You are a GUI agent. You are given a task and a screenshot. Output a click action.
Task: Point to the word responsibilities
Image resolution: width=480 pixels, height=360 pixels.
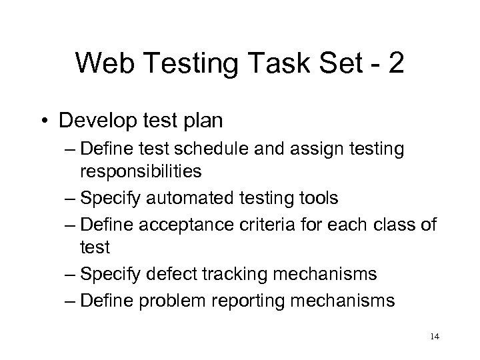click(141, 173)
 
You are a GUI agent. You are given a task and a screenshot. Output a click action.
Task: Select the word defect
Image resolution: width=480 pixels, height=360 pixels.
click(173, 273)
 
